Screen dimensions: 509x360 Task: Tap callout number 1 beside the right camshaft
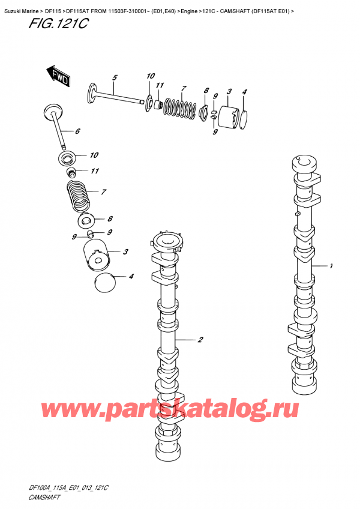click(x=331, y=265)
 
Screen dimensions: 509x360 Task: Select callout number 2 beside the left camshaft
click(x=200, y=340)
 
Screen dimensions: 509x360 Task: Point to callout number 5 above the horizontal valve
click(x=115, y=77)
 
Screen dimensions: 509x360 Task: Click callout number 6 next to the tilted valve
click(x=77, y=131)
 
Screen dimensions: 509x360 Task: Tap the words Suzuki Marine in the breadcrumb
click(x=22, y=7)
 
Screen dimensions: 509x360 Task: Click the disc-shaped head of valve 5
click(x=92, y=91)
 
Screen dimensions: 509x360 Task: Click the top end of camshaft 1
click(x=302, y=162)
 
